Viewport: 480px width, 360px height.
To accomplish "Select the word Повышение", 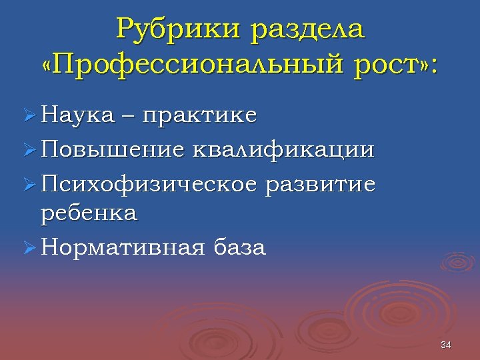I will click(x=111, y=149).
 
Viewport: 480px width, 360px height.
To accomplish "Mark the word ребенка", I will click(x=89, y=213).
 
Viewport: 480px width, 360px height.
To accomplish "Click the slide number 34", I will click(x=446, y=345).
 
